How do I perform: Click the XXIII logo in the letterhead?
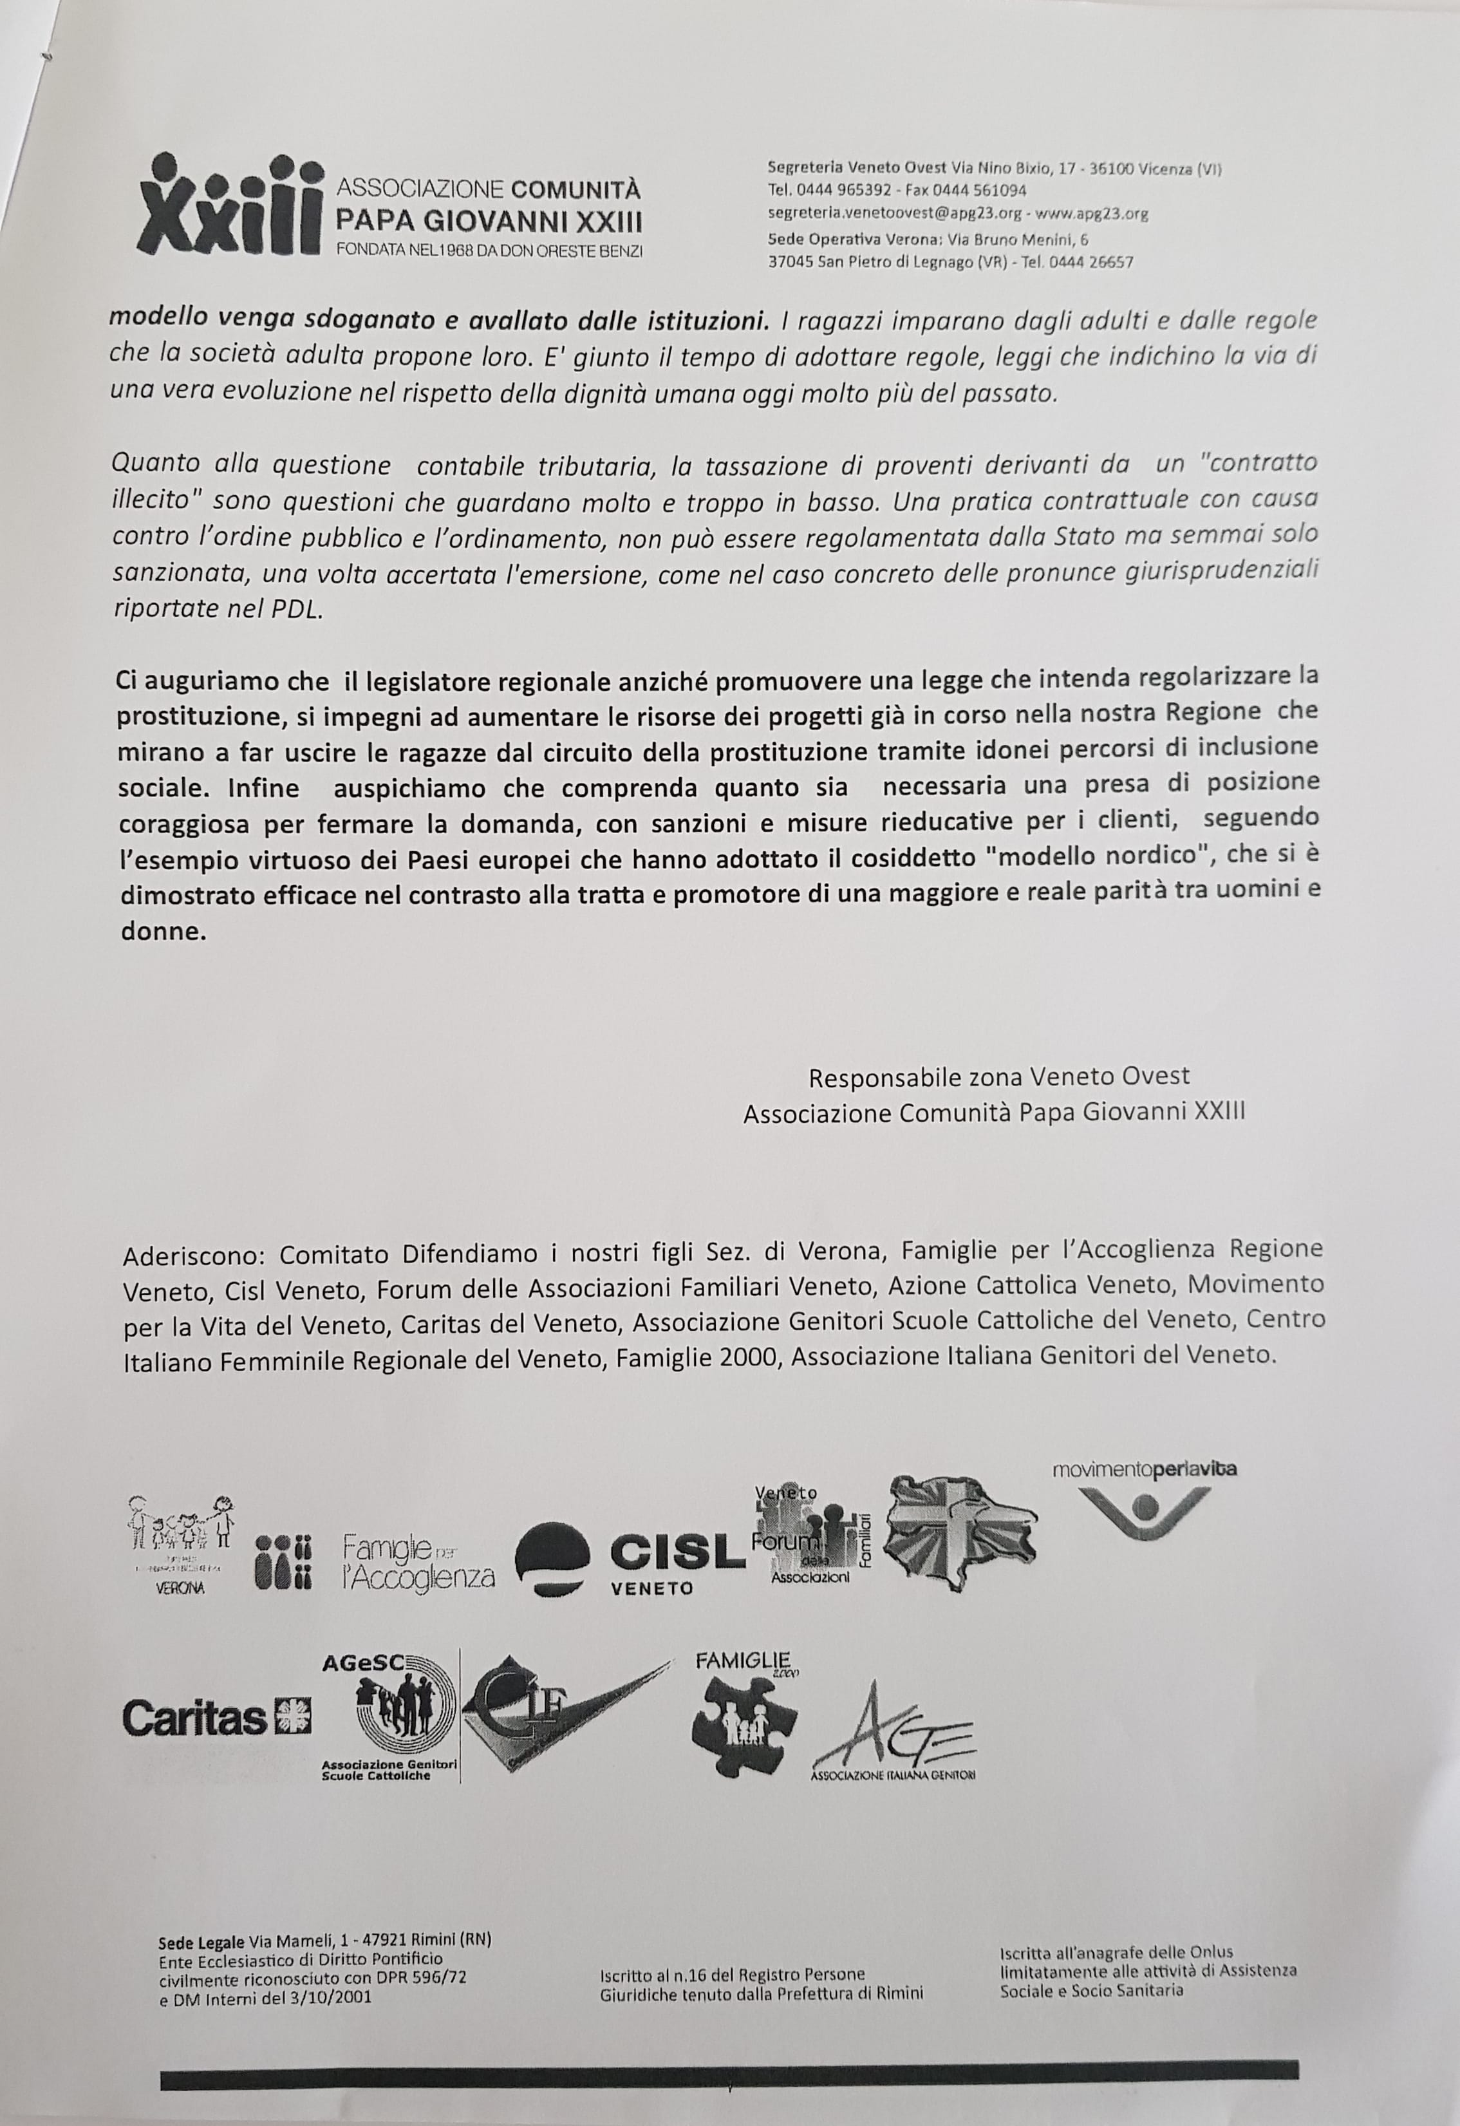click(x=232, y=207)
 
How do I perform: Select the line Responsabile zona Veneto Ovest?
click(x=999, y=1077)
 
